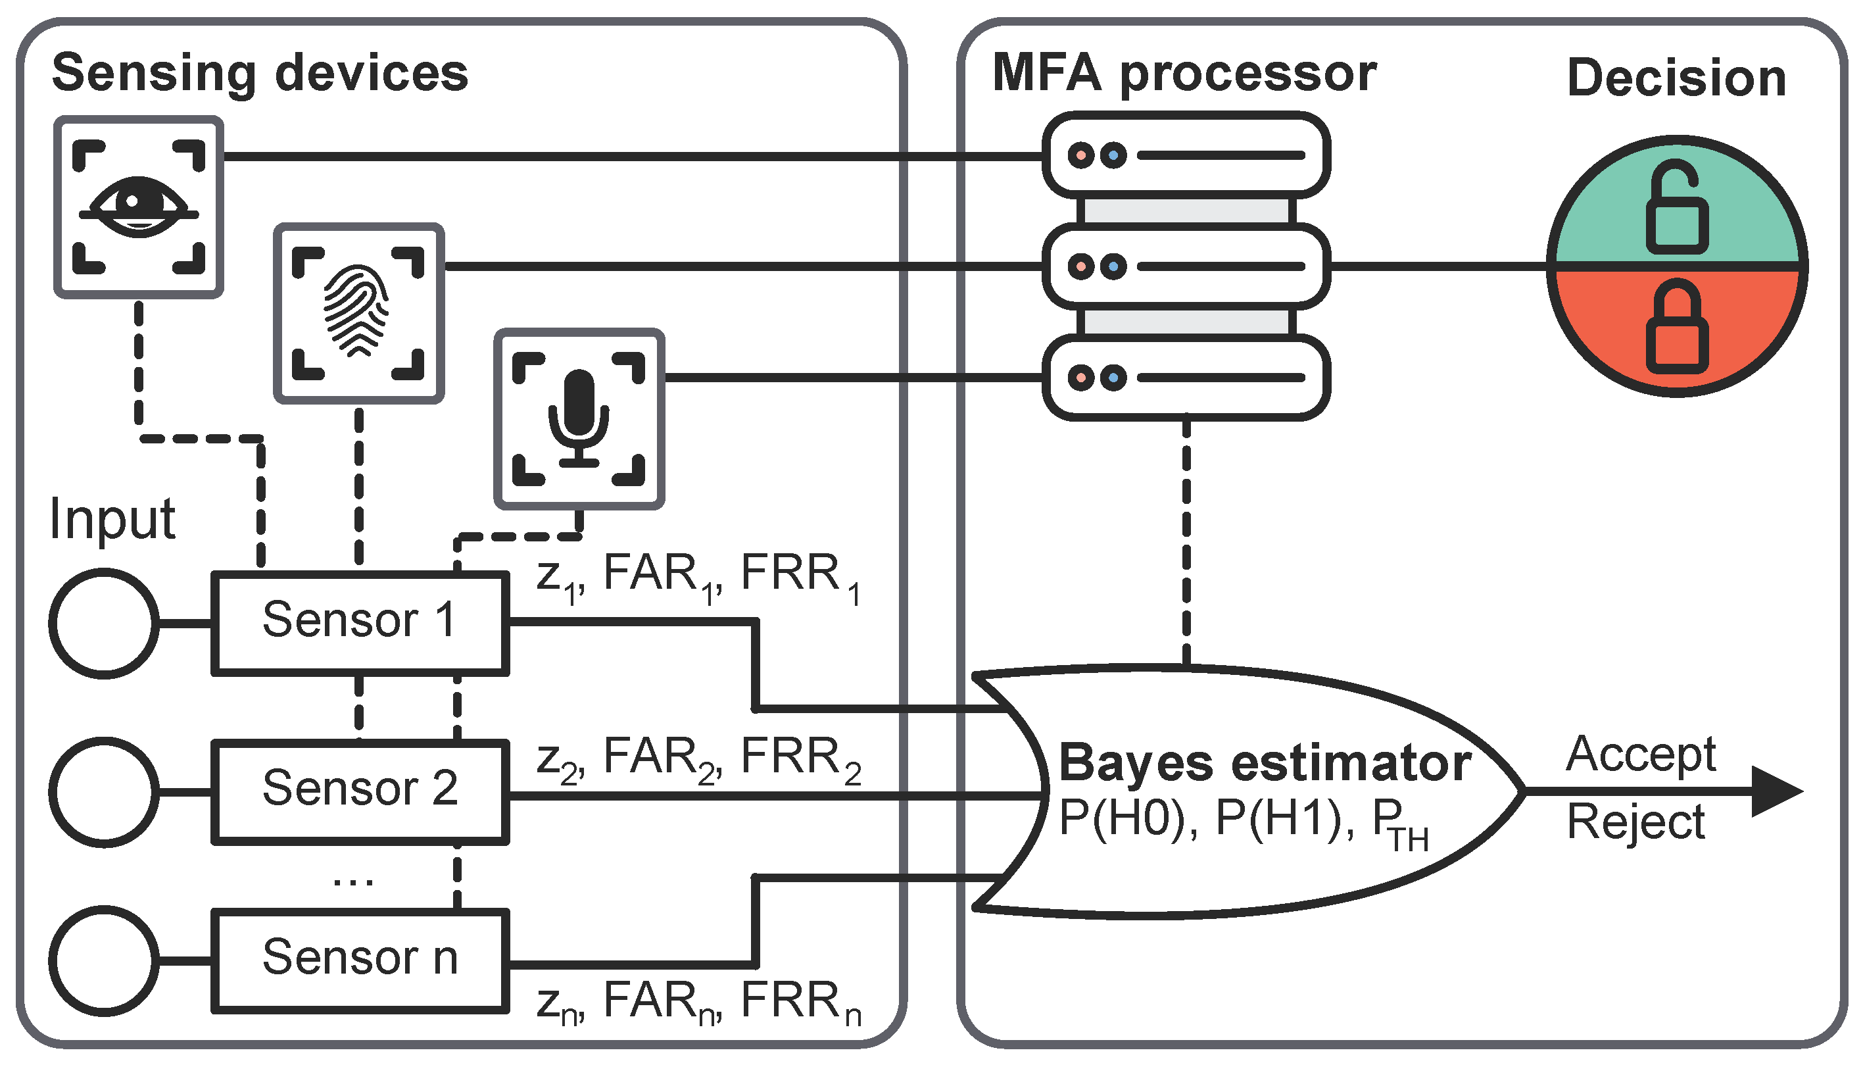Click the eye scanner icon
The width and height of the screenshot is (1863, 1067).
point(139,207)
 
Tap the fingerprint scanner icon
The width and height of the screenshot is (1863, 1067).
point(358,313)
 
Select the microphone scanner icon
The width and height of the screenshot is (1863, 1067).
point(579,418)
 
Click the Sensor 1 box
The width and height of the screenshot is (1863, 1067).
point(360,623)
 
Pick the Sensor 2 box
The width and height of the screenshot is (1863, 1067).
point(360,791)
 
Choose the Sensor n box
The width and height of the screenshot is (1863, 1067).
point(360,960)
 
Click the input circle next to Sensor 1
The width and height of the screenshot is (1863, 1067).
point(103,623)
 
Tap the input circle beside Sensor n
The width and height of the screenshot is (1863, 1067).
point(103,960)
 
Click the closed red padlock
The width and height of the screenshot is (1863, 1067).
point(1677,328)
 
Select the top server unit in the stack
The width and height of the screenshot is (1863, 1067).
point(1186,155)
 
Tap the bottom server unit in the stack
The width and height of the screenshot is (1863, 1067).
point(1186,378)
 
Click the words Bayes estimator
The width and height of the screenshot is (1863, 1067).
point(1265,764)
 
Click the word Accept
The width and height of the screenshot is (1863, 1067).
point(1641,755)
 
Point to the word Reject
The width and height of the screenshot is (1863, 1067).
point(1635,822)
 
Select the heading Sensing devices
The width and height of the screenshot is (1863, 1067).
point(260,73)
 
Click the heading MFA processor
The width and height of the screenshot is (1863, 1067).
point(1184,73)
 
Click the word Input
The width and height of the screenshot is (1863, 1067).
point(112,519)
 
